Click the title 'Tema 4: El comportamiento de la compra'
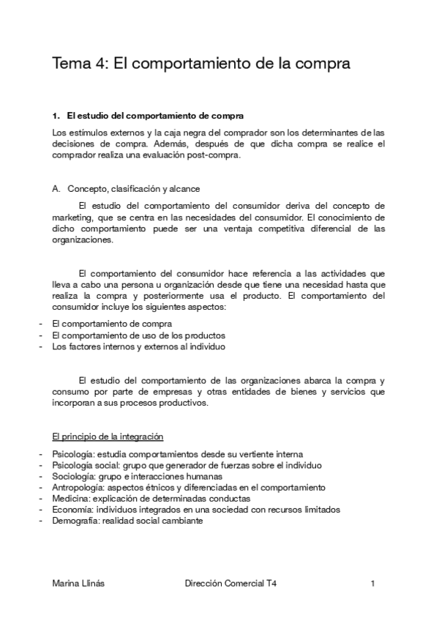(201, 64)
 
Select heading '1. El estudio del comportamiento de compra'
(148, 116)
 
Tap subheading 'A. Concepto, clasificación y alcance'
(125, 188)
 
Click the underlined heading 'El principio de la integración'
(108, 436)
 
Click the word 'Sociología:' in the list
(72, 476)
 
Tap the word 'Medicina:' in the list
(69, 499)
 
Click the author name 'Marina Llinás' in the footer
(78, 584)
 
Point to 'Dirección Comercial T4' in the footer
(231, 584)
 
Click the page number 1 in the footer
(373, 584)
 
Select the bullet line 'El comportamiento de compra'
(111, 323)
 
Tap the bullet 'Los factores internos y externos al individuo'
(138, 346)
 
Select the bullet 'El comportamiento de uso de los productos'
(133, 335)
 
